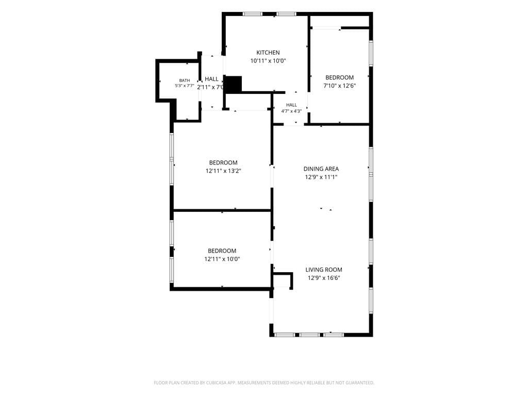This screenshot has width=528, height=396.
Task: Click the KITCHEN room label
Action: (x=268, y=53)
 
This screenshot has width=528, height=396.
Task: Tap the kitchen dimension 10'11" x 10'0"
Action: (x=268, y=61)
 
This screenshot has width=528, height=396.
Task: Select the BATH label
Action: (x=185, y=80)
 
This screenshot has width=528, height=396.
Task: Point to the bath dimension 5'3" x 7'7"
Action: (x=185, y=86)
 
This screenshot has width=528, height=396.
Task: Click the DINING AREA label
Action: (x=321, y=169)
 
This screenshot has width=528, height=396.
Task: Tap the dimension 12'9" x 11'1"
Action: (x=321, y=177)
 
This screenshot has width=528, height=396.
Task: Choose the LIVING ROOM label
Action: (x=324, y=270)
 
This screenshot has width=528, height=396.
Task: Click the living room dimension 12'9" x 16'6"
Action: (x=324, y=278)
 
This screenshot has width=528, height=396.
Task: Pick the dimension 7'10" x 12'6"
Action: (x=340, y=86)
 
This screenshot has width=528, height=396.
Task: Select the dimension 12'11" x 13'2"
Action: (x=223, y=171)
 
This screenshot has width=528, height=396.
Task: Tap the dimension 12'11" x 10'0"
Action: (x=222, y=259)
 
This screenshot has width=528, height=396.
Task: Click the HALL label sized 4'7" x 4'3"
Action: (x=292, y=105)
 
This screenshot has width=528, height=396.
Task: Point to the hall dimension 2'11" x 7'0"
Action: (x=211, y=87)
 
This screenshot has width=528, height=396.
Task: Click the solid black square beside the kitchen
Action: (x=233, y=84)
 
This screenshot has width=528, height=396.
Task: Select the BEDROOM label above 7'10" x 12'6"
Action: (x=340, y=77)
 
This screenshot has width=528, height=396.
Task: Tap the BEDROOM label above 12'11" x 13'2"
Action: (x=223, y=162)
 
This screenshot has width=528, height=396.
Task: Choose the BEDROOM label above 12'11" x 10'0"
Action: (x=222, y=251)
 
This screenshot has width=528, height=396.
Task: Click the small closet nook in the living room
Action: (x=282, y=281)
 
